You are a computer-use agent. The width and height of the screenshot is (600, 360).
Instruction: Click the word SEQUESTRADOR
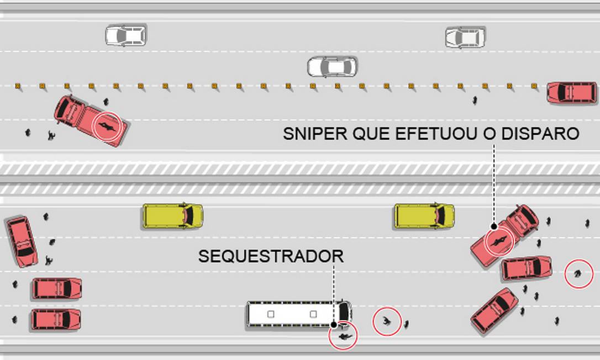[271, 256]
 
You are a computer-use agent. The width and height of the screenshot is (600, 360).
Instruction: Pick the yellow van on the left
[172, 216]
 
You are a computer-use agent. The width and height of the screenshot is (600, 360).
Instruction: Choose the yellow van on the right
[424, 216]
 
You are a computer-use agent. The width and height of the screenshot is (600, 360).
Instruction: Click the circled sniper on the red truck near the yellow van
[499, 241]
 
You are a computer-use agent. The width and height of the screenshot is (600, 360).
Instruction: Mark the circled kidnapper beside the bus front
[343, 335]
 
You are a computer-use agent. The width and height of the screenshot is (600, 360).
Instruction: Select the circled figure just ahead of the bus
[387, 321]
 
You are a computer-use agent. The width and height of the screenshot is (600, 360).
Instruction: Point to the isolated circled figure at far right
[578, 273]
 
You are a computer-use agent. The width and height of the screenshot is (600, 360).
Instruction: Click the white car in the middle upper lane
[332, 67]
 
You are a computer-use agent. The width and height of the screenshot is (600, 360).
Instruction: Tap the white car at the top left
[126, 35]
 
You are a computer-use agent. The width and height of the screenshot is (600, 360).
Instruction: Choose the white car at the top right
[465, 38]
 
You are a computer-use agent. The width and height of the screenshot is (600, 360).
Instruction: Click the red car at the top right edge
[572, 93]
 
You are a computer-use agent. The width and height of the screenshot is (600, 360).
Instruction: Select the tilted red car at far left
[22, 242]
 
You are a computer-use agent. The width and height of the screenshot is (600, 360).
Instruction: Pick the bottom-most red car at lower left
[56, 319]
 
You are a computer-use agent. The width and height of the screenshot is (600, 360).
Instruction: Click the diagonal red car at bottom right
[494, 310]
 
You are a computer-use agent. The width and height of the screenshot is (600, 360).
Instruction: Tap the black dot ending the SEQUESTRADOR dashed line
[334, 325]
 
